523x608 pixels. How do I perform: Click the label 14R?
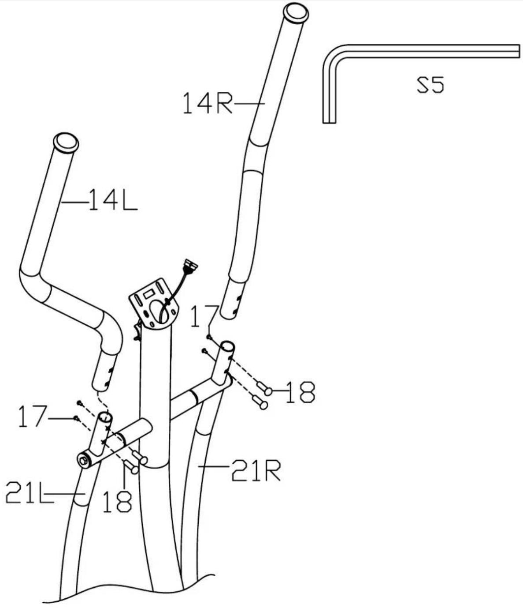[208, 103]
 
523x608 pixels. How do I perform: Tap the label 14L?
[113, 200]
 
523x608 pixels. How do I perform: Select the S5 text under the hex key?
[430, 85]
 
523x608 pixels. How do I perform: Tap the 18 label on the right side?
[300, 392]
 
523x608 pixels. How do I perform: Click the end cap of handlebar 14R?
[296, 12]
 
